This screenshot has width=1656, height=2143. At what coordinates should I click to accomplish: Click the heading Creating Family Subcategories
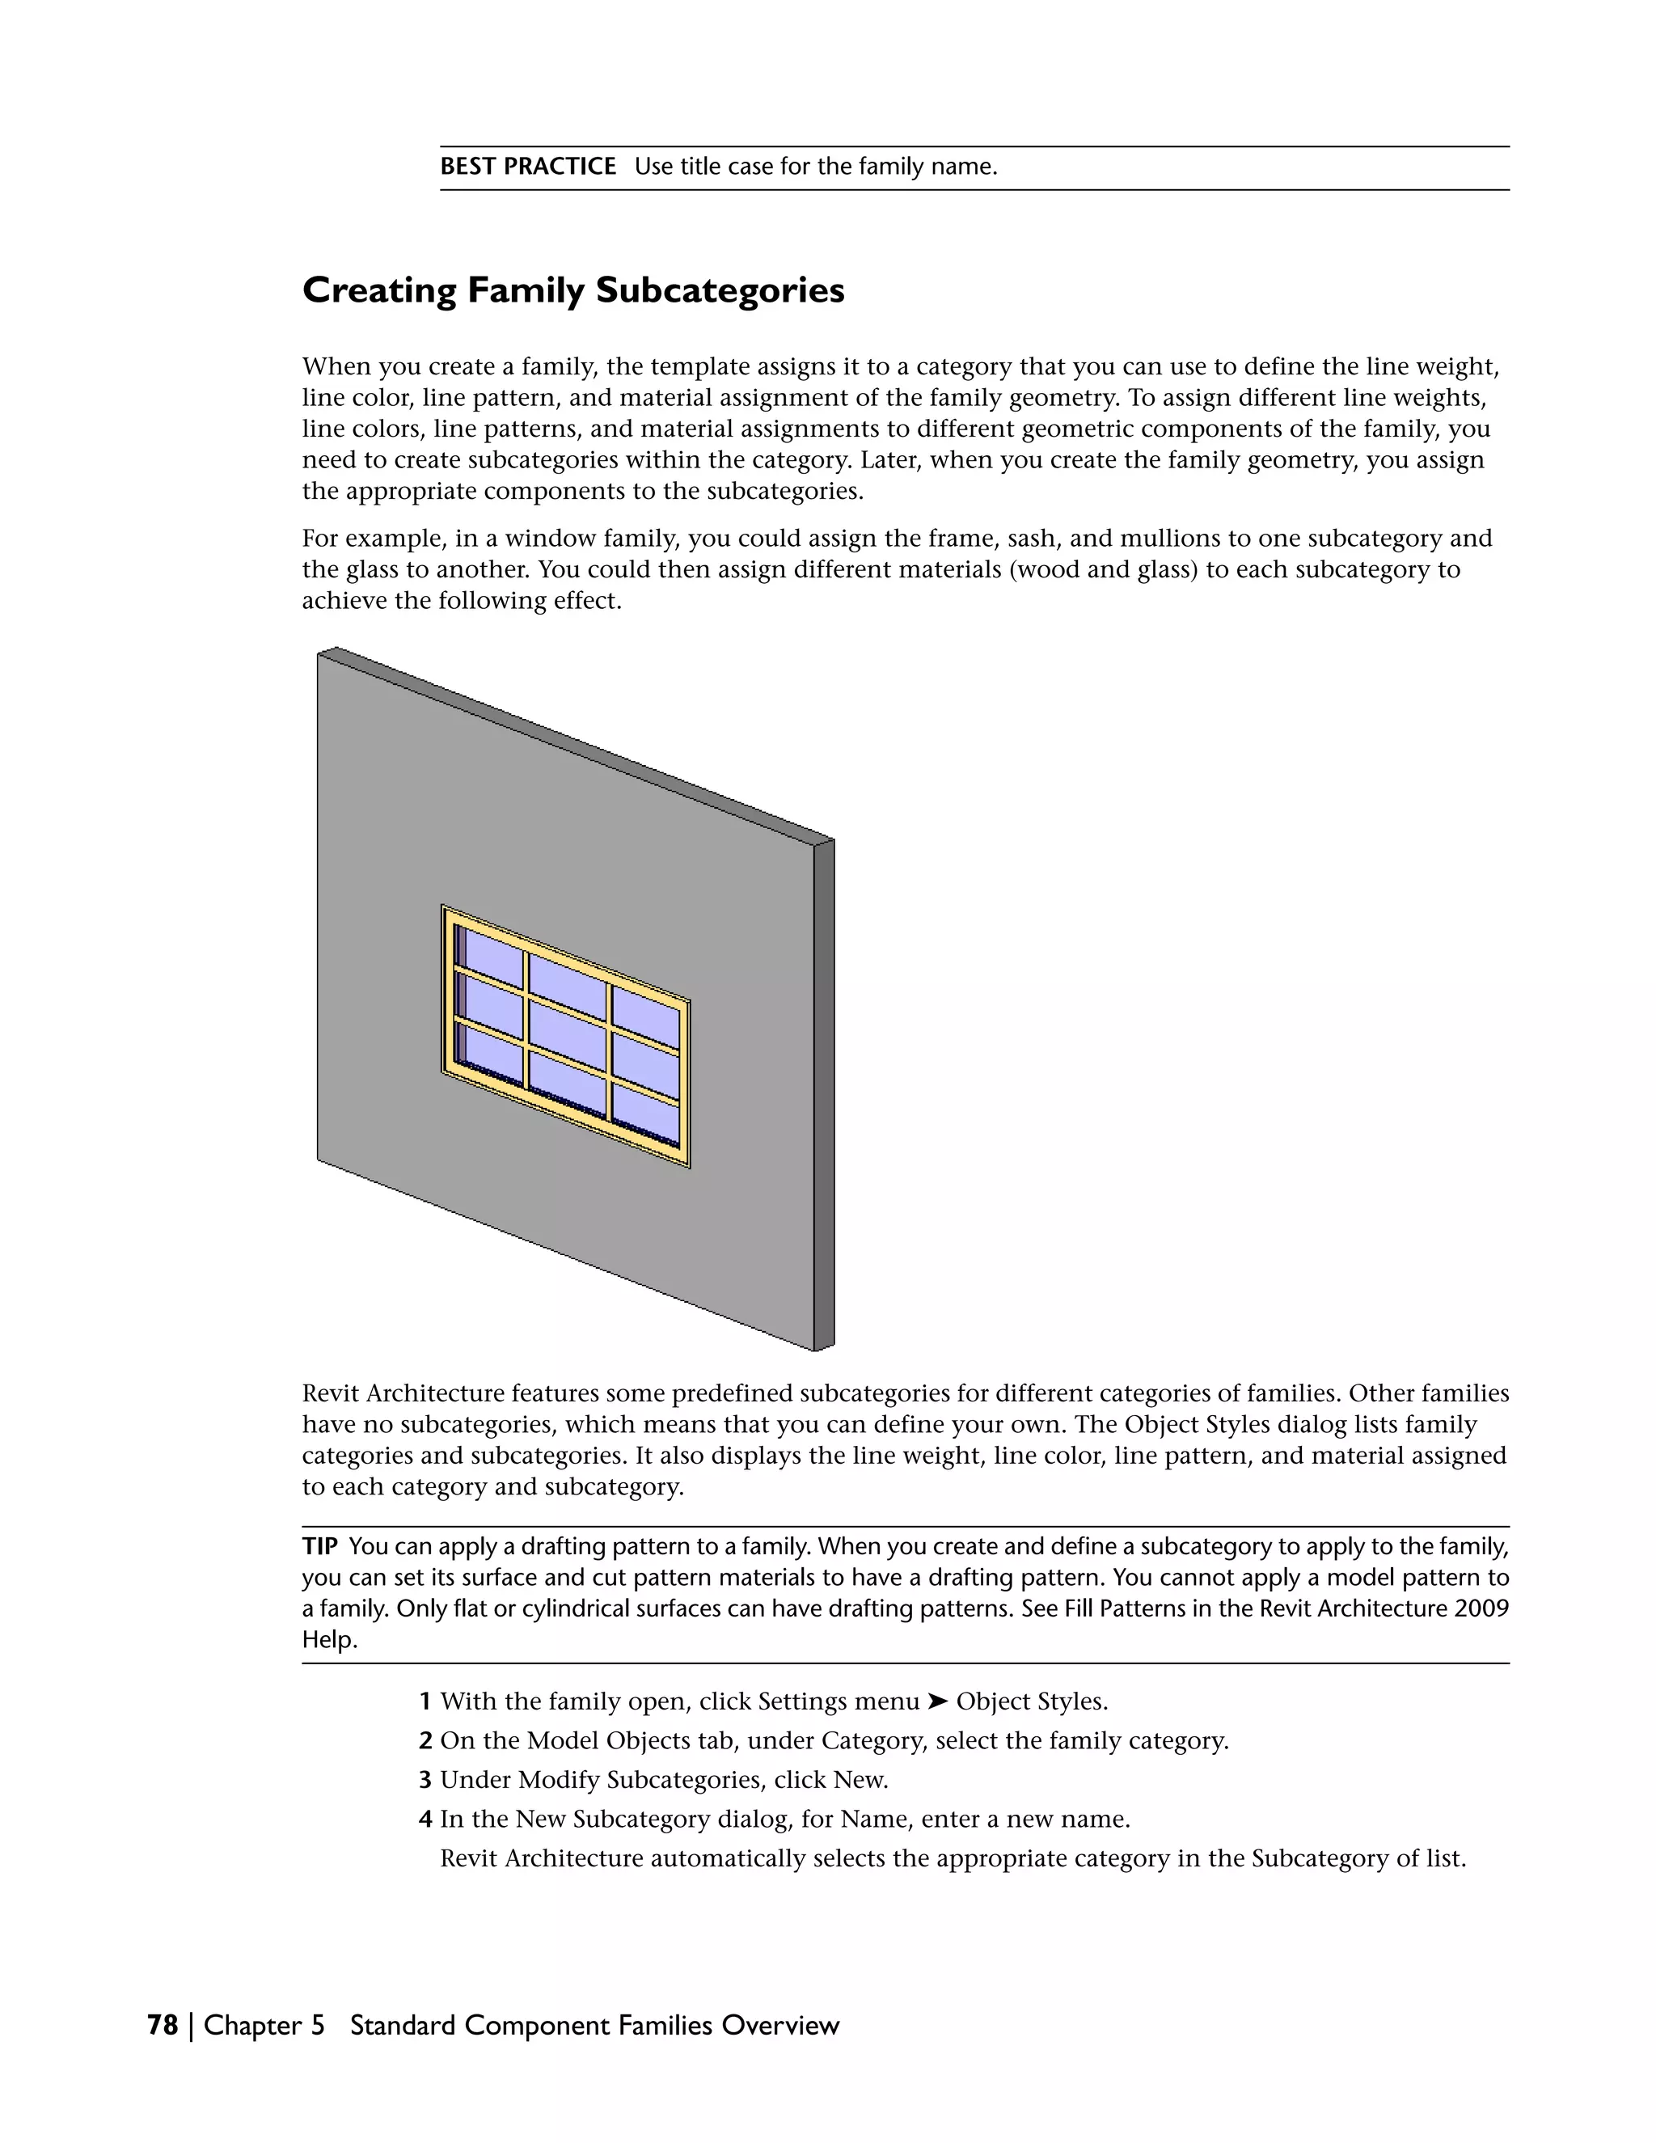(573, 291)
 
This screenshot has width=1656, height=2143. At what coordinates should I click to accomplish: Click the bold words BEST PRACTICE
(528, 167)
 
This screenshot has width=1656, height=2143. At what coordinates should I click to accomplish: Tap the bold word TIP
(320, 1547)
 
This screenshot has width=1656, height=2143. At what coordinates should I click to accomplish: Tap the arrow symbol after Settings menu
(939, 1701)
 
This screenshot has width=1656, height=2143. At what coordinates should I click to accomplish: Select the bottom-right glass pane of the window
(644, 1114)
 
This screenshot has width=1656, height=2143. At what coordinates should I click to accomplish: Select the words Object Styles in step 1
(1031, 1701)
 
